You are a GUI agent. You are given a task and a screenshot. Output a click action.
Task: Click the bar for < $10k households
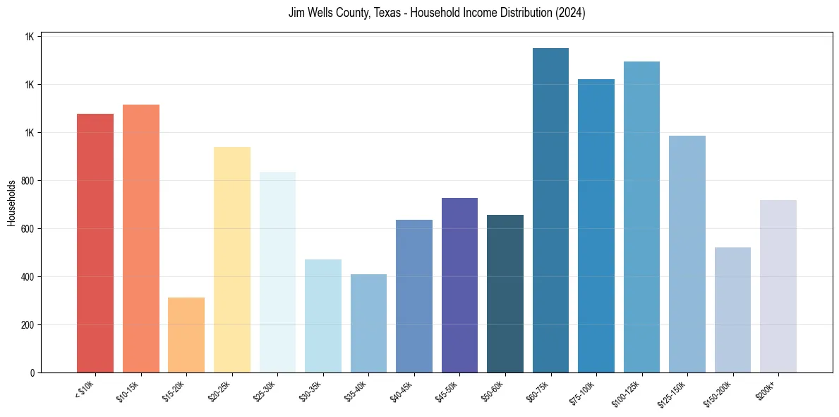[x=95, y=243]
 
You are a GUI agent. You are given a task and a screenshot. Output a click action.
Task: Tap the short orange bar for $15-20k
[x=186, y=335]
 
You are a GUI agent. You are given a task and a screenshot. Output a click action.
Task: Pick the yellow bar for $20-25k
[x=231, y=259]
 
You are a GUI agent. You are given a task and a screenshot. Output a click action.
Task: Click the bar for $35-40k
[x=368, y=323]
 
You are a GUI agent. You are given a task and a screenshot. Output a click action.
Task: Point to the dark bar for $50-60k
[x=505, y=293]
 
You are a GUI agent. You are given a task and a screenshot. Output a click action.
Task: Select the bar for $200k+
[x=778, y=286]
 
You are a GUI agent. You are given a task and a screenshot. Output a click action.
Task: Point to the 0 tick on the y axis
[x=32, y=373]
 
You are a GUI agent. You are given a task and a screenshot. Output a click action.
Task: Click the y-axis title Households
[x=11, y=203]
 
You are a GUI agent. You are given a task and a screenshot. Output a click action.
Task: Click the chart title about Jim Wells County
[x=437, y=13]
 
